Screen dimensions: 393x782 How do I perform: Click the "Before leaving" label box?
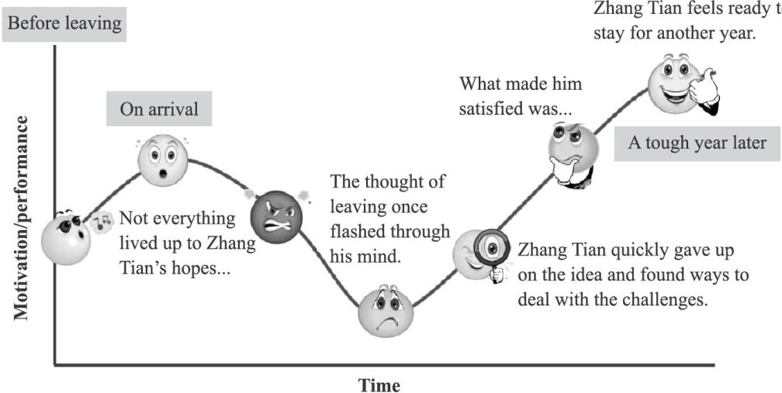(64, 23)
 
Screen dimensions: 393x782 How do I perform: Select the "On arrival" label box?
(158, 109)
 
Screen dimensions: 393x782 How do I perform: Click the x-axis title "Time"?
(379, 384)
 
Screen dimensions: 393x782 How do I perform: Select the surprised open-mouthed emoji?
(163, 159)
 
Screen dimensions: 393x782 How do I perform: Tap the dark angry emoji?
(275, 215)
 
